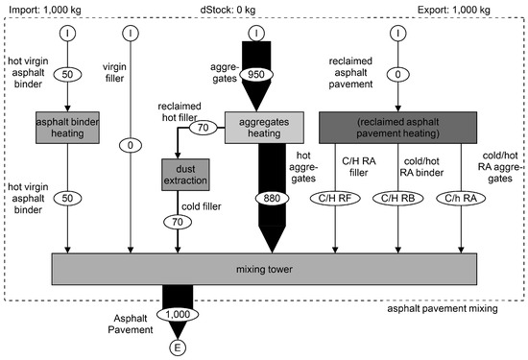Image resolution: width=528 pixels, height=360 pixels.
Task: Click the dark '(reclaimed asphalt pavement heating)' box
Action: coord(398,125)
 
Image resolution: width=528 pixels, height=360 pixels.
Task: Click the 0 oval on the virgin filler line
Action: coord(129,145)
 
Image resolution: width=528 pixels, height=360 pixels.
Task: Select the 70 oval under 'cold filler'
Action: coord(178,220)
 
